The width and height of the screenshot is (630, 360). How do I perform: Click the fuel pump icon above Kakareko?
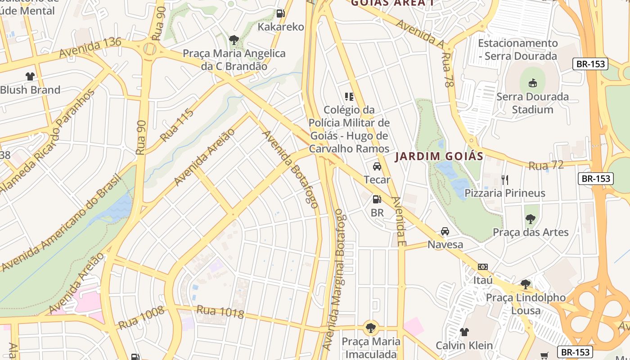point(280,13)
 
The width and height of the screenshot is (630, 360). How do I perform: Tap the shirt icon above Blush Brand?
point(30,76)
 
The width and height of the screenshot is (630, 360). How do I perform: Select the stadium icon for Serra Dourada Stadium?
point(532,83)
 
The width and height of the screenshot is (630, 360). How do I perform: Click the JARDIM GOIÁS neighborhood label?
point(439,157)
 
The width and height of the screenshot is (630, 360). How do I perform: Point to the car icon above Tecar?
point(377,166)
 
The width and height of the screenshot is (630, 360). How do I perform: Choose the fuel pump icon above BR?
point(377,199)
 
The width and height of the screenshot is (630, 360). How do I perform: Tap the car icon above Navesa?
point(445,231)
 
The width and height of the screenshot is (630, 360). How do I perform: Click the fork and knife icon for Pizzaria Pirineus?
point(504,180)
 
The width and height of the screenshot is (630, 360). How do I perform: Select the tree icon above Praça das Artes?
point(531,219)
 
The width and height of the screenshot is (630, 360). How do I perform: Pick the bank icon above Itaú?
point(483,267)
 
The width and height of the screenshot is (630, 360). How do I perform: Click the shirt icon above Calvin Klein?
point(464,332)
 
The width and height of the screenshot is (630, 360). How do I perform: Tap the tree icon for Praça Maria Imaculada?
point(370,328)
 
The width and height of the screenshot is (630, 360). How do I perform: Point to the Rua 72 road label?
point(546,165)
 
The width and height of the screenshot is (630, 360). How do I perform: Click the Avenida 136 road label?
point(90,47)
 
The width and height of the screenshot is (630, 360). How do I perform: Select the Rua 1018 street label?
point(220,311)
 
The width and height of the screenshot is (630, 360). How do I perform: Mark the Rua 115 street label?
point(177,125)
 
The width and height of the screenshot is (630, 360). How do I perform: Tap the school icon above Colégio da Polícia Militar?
point(349,96)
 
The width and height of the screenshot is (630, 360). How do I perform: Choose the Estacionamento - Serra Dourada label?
point(517,49)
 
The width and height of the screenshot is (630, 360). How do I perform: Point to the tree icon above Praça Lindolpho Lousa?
point(525,284)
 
